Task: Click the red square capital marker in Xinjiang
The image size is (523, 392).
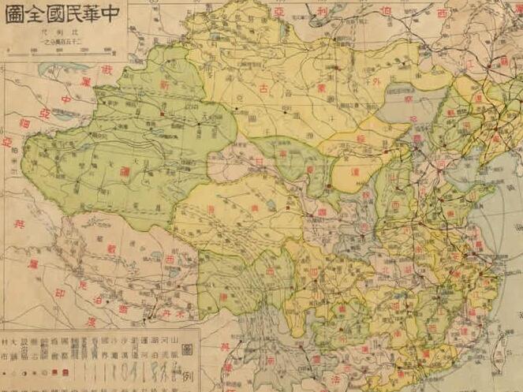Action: [161, 114]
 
